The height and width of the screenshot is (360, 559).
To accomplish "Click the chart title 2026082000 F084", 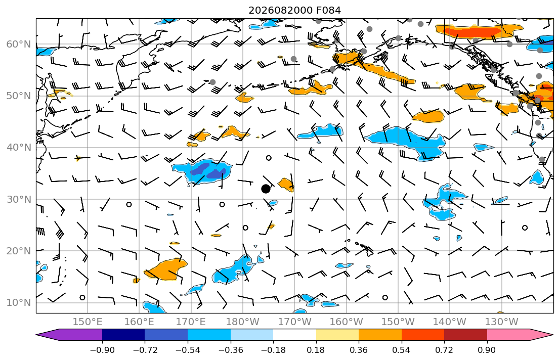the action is (x=294, y=10).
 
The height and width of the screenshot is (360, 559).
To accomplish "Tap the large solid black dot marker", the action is (x=266, y=189).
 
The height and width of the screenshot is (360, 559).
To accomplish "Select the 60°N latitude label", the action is (x=19, y=44).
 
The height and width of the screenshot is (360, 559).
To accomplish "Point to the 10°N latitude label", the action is (x=19, y=303).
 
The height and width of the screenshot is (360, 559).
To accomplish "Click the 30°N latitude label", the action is (x=19, y=199).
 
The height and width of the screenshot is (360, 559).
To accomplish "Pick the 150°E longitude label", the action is (x=88, y=322).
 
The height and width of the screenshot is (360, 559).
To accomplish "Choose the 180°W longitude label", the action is (x=243, y=322).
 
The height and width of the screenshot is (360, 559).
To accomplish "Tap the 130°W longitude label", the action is (x=502, y=322).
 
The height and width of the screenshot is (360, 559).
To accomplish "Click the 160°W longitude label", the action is (x=347, y=322).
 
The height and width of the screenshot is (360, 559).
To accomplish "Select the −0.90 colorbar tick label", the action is (x=102, y=350).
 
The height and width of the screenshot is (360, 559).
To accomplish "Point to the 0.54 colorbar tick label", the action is (x=402, y=350).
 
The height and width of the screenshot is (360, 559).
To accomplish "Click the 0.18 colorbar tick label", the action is (x=316, y=350).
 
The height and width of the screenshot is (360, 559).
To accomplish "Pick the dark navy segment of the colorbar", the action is (x=123, y=335).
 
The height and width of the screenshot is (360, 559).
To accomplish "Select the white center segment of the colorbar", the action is (x=294, y=335).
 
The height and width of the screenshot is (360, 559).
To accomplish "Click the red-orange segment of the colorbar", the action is (x=423, y=335).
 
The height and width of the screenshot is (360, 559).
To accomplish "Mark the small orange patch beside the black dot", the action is (x=286, y=184).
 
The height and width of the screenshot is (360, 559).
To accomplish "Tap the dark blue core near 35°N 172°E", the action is (x=209, y=171).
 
